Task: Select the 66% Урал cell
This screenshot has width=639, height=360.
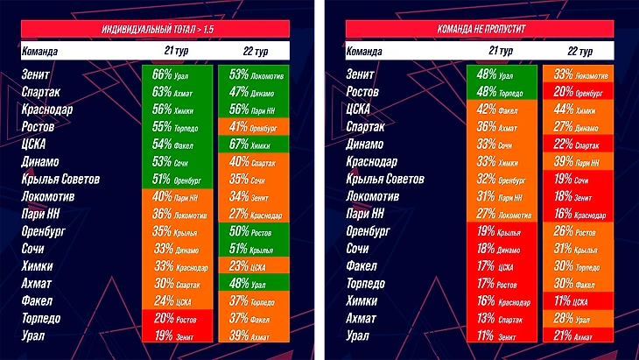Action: (175, 74)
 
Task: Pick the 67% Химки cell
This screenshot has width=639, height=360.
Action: (251, 145)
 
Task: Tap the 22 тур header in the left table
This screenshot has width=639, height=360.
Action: (253, 52)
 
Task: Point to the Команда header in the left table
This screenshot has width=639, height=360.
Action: (39, 52)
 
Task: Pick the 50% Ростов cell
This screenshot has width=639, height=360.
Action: (251, 231)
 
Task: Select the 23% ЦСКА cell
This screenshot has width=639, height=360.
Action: (251, 265)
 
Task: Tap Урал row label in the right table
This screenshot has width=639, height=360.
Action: (359, 335)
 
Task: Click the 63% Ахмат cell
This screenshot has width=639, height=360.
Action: (175, 92)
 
